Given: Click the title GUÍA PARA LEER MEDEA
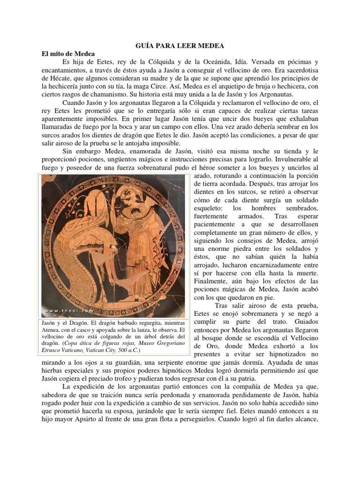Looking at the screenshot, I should (x=180, y=45).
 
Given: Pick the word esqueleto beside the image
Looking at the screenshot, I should (x=210, y=208).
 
